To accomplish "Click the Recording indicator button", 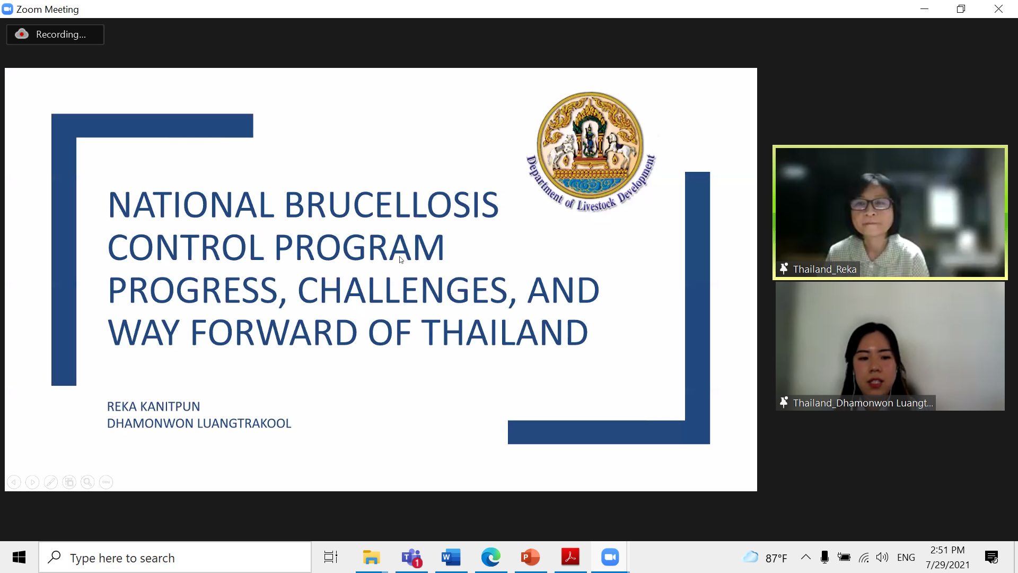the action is [x=55, y=34].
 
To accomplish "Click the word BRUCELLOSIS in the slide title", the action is [x=392, y=205].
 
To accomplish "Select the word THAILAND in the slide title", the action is [x=505, y=333].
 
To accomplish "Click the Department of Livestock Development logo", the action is [x=591, y=152].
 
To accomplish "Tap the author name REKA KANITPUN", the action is [x=153, y=407].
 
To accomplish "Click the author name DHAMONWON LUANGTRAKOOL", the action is [x=199, y=424].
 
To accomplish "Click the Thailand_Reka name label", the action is [x=824, y=270].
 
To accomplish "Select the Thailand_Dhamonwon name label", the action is [x=863, y=403].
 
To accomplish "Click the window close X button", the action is [x=998, y=9].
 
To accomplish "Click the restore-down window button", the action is [x=961, y=9].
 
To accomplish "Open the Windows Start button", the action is [x=19, y=557].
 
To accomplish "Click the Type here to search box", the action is [x=175, y=558].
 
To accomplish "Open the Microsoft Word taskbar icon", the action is [x=451, y=557].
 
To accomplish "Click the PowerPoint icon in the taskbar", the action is [x=530, y=557].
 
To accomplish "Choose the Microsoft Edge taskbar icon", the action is [x=490, y=557].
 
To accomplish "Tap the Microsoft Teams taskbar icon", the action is [x=411, y=557].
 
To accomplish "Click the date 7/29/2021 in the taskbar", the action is [x=947, y=565].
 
